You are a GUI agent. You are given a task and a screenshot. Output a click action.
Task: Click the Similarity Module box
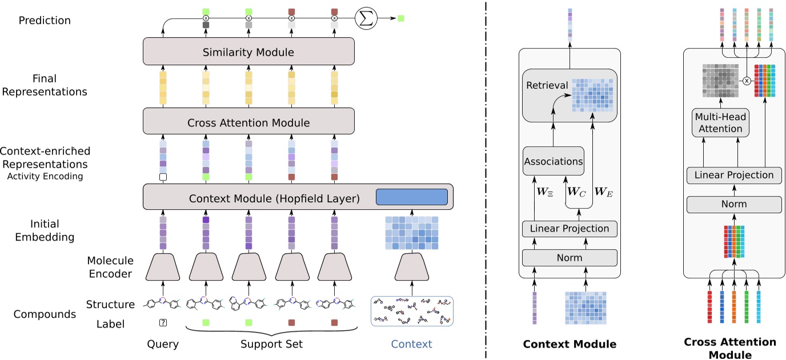point(248,53)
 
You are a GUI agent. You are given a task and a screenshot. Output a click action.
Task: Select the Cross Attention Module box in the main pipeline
point(248,122)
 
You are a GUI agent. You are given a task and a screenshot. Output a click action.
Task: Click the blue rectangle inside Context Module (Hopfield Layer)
point(411,197)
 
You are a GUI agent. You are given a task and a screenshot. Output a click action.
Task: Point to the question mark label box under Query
point(163,323)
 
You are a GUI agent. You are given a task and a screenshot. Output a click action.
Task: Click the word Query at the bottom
point(163,345)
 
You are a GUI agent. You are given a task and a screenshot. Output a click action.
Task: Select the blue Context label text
point(411,345)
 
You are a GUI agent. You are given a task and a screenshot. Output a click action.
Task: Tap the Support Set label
point(271,345)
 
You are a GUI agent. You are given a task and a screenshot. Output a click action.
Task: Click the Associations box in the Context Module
point(553,162)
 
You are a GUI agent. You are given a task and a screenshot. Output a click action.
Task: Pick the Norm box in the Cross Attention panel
point(733,204)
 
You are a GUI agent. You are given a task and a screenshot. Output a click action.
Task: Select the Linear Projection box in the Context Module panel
point(570,229)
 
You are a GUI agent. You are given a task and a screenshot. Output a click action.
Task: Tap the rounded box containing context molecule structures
point(411,311)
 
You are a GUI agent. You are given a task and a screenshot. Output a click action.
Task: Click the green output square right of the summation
point(401,18)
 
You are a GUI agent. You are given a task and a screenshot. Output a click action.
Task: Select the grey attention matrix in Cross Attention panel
point(720,81)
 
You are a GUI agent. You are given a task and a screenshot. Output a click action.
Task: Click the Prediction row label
point(45,21)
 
